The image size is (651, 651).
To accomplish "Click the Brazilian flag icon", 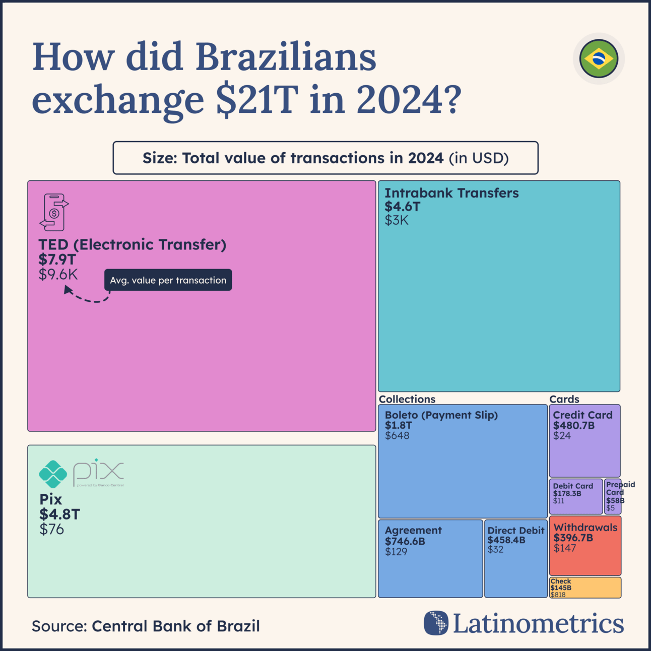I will [x=599, y=59].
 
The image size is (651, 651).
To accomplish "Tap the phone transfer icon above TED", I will [x=54, y=212].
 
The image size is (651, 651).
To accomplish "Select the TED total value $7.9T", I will [x=57, y=259].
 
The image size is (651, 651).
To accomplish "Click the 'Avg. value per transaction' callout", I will [x=168, y=280].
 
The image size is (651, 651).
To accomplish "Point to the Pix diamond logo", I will [x=53, y=474].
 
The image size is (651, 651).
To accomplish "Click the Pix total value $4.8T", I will [x=60, y=514].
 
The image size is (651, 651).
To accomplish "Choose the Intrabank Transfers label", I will [x=451, y=193].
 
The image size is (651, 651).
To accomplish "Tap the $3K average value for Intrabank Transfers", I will [x=397, y=220].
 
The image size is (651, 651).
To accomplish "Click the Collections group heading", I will [x=407, y=399].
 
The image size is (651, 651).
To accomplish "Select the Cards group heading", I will [x=564, y=399].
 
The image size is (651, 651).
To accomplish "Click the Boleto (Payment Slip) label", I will [x=441, y=415].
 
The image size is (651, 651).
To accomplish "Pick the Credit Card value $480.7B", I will [x=574, y=426].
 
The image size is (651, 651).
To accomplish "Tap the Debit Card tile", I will [x=575, y=496].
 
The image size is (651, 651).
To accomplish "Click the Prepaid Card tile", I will [x=613, y=497].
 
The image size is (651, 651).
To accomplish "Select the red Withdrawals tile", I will [x=585, y=545].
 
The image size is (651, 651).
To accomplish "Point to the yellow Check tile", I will [x=585, y=588].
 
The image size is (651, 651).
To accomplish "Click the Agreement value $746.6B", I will [x=405, y=541].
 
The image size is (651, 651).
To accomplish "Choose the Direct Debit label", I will [x=516, y=531].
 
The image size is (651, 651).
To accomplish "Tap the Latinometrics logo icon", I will [x=436, y=623].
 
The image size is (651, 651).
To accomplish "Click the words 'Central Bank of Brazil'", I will [x=176, y=626].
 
